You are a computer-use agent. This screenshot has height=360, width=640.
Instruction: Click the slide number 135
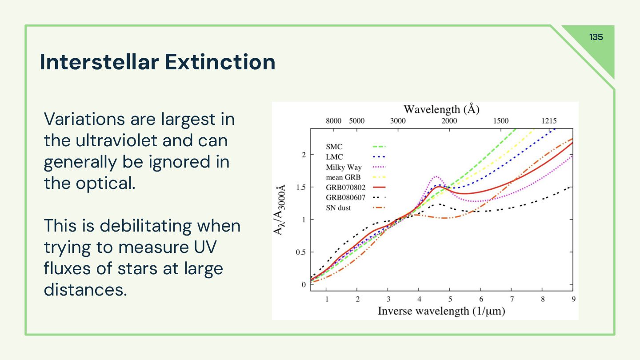(x=596, y=37)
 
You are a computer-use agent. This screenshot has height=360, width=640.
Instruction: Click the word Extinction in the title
(x=220, y=62)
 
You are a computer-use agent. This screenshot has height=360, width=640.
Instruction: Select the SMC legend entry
(x=334, y=147)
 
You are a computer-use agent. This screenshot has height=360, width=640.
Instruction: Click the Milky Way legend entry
(x=344, y=167)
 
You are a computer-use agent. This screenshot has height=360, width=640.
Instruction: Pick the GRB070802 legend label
(x=345, y=187)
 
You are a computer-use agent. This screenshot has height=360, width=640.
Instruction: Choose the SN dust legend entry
(x=338, y=208)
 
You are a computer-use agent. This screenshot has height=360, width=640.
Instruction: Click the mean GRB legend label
(x=344, y=177)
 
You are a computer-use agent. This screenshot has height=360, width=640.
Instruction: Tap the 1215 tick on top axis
(x=549, y=121)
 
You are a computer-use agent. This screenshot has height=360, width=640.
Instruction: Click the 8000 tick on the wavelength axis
(x=333, y=121)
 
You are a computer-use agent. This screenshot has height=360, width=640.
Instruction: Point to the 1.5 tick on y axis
(x=301, y=187)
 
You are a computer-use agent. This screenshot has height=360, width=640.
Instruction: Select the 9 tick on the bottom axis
(x=573, y=299)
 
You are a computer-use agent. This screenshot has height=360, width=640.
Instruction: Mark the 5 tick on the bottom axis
(x=450, y=299)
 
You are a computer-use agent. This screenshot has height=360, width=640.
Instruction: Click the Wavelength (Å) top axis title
(x=441, y=109)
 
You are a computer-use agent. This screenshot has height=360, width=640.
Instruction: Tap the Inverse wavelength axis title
(x=441, y=311)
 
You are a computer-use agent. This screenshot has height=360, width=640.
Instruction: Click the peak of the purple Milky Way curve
(x=436, y=176)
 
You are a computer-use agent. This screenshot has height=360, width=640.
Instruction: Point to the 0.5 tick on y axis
(x=301, y=252)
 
